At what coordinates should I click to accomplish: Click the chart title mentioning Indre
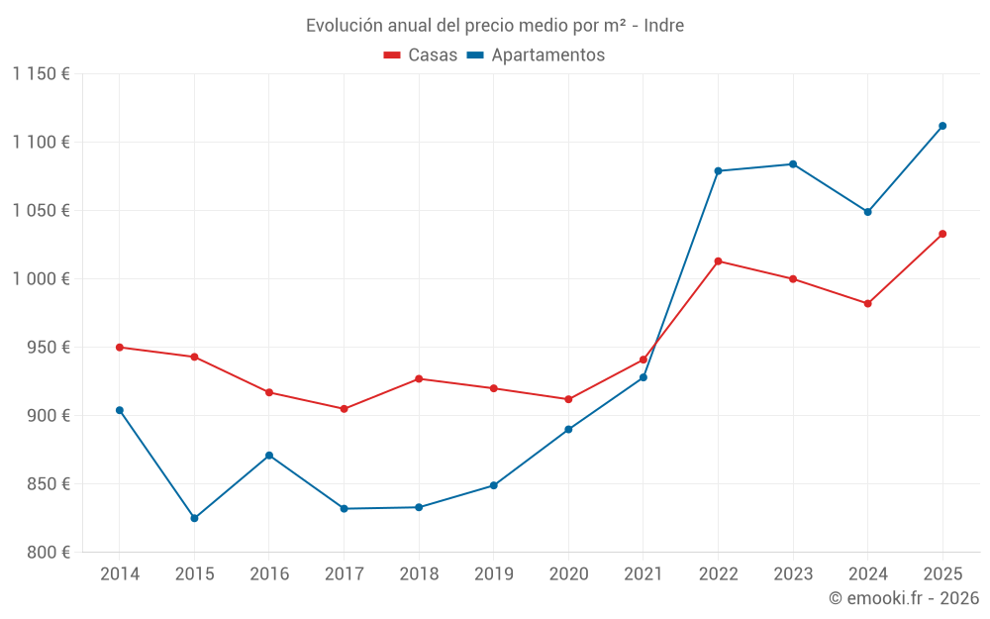click(494, 26)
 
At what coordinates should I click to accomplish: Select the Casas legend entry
click(421, 55)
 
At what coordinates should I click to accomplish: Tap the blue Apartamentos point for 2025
click(942, 126)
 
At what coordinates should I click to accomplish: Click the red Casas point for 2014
click(120, 348)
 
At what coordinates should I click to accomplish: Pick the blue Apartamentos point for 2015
click(194, 518)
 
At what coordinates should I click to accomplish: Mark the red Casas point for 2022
click(718, 261)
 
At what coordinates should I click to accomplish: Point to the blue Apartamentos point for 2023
click(793, 164)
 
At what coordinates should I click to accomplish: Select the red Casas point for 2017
click(344, 409)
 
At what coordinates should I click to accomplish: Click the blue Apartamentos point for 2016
click(269, 456)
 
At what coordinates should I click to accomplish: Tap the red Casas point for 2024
click(867, 303)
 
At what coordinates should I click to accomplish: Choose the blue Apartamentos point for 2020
click(568, 429)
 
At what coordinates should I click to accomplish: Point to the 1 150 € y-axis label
click(42, 74)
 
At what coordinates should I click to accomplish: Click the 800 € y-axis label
click(49, 553)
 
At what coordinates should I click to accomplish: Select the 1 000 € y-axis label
click(42, 279)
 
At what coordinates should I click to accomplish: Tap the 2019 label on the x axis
click(493, 574)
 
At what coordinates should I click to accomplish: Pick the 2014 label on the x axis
click(120, 574)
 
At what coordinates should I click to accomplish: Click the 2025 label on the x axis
click(942, 574)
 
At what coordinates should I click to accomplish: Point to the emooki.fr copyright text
click(903, 598)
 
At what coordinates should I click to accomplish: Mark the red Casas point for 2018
click(419, 379)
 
